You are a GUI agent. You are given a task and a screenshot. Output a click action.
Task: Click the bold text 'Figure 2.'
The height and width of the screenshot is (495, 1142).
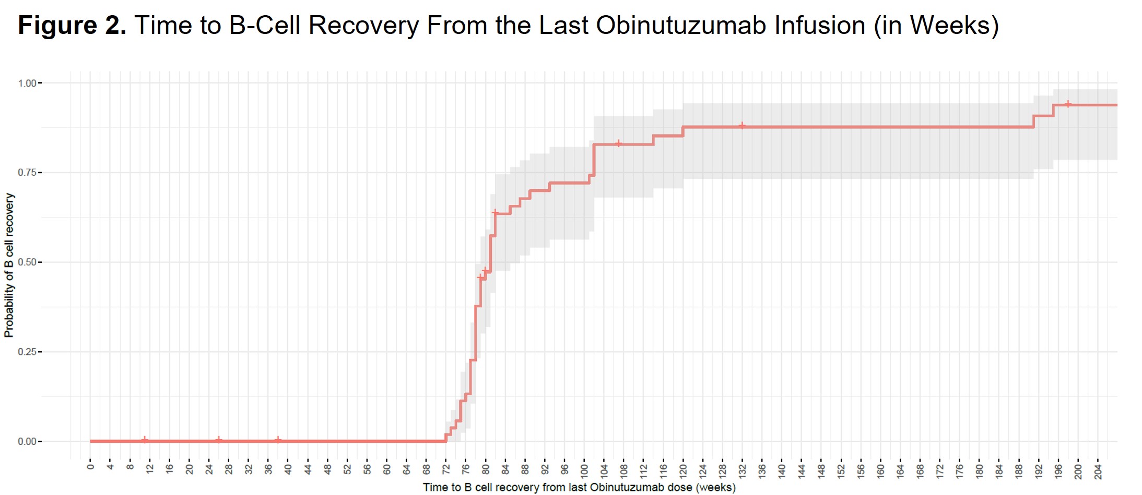pos(72,25)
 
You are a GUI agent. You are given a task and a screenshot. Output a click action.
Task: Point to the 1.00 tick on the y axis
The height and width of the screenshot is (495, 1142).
pos(27,83)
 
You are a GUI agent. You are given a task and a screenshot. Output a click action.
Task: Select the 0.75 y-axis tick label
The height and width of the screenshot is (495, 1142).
pos(27,172)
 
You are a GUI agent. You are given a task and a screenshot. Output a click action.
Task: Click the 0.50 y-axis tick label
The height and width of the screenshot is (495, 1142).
pos(27,262)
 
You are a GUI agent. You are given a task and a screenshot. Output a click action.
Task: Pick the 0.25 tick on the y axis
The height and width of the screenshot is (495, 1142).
pos(27,352)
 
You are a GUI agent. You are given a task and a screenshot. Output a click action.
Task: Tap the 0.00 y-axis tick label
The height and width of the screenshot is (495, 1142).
pos(27,441)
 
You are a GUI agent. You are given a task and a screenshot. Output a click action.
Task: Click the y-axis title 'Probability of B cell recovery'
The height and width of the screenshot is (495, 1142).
pos(9,265)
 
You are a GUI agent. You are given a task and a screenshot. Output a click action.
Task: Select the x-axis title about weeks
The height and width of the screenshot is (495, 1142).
pos(579,487)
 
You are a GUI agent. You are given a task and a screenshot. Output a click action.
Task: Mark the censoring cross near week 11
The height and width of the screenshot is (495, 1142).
pos(145,441)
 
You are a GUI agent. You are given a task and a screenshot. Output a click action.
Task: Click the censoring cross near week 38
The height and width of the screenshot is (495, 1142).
pos(278,441)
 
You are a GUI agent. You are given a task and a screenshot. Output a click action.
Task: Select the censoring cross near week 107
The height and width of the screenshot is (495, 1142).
pos(619,144)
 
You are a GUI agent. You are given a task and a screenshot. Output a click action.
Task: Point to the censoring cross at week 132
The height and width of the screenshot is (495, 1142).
pos(742,126)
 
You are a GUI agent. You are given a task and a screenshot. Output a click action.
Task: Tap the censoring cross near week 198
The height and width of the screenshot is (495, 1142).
pos(1068,105)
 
